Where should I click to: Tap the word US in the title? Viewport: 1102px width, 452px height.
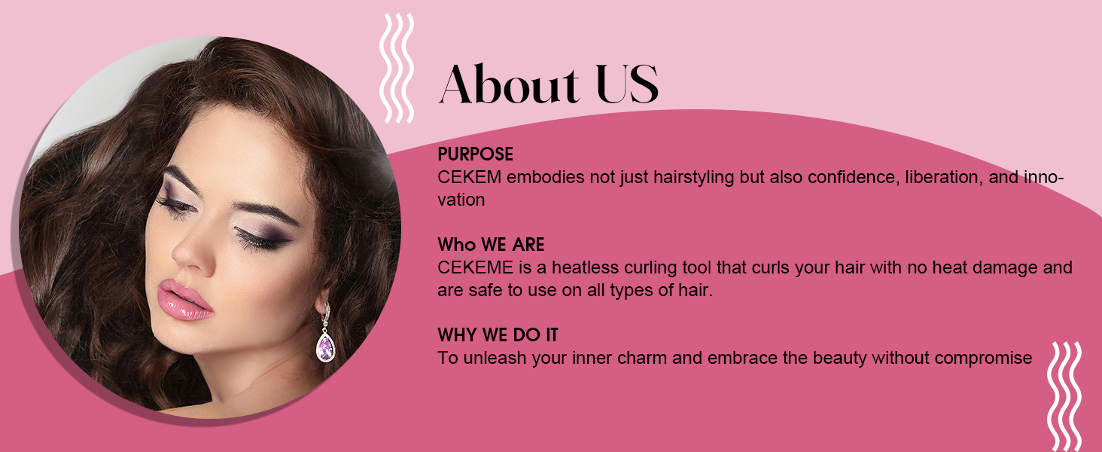click(x=627, y=84)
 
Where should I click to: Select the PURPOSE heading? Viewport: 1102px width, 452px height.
click(x=475, y=154)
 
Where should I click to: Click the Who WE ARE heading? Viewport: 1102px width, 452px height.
click(x=491, y=245)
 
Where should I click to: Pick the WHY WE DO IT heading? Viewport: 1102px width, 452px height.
click(x=498, y=335)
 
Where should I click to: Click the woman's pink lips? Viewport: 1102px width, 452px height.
click(x=184, y=300)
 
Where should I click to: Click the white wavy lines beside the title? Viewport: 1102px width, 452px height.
click(x=396, y=68)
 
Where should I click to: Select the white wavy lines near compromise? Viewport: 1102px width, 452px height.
click(x=1064, y=395)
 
